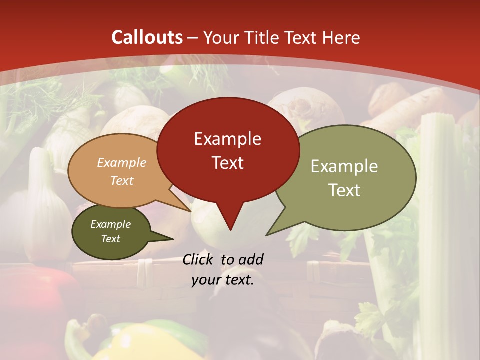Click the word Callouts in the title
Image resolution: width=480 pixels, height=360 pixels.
tap(147, 37)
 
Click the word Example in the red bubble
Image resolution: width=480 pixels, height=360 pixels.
tap(227, 139)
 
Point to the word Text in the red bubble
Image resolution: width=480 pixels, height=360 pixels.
tap(227, 163)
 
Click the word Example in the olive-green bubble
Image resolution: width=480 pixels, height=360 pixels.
tap(344, 166)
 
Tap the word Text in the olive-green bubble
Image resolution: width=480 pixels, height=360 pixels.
tap(344, 190)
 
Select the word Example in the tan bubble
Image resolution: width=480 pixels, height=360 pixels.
tap(122, 163)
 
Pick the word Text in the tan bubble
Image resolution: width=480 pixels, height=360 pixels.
tap(122, 180)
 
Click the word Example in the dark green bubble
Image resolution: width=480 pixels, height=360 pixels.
tap(110, 224)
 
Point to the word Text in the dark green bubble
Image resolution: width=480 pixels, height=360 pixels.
tap(110, 239)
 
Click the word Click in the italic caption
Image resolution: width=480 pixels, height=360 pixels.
tap(199, 259)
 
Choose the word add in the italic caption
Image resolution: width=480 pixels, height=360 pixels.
tap(251, 259)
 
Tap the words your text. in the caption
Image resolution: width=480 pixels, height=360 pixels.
tap(223, 280)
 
